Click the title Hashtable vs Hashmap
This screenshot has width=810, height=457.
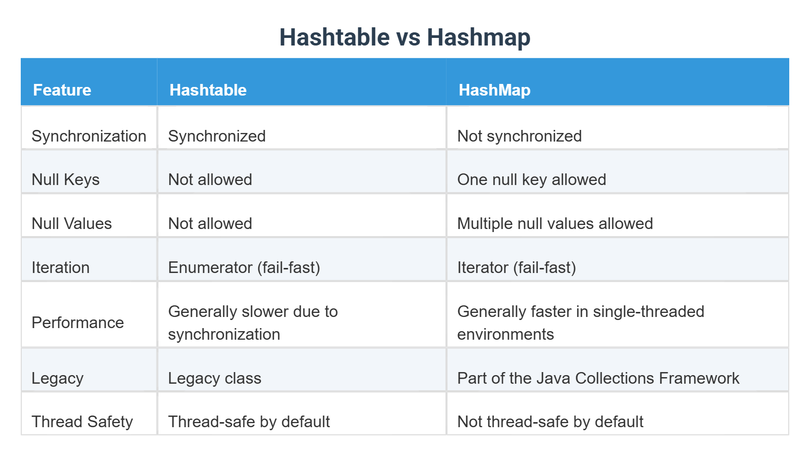(x=404, y=37)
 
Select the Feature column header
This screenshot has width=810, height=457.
(x=62, y=90)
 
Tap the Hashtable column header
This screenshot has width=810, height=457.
(x=208, y=90)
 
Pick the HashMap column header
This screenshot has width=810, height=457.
(x=494, y=90)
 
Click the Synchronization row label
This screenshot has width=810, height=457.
(x=89, y=136)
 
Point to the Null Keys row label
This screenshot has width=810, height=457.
(x=65, y=180)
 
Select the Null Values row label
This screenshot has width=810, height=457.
(x=71, y=223)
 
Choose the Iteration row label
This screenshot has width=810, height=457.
(x=60, y=267)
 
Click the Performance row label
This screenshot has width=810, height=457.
(x=78, y=323)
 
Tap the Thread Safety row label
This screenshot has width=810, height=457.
(x=82, y=422)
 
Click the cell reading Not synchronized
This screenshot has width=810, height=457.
(x=519, y=136)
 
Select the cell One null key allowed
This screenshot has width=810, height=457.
(x=532, y=180)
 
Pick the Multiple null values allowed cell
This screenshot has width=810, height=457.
(x=555, y=224)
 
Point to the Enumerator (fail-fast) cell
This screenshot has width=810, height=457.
(x=244, y=268)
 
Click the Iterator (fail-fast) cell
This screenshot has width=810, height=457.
(x=516, y=268)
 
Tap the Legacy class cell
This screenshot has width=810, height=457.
(x=215, y=378)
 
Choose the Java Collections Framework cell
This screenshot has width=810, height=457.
(x=598, y=378)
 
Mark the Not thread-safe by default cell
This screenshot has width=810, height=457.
(x=550, y=422)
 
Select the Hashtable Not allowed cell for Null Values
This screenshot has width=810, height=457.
(x=210, y=224)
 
